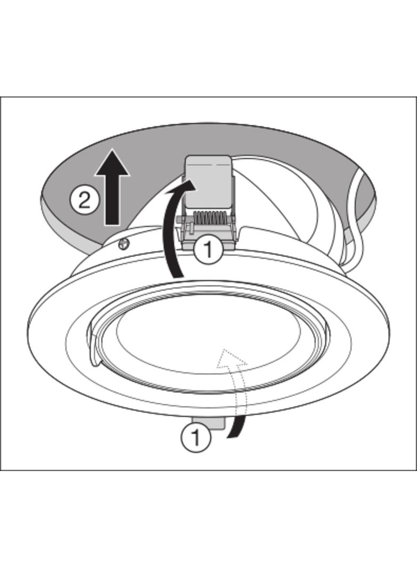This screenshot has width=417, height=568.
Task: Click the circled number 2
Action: point(84,200)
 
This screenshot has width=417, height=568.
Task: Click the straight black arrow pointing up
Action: point(112,187)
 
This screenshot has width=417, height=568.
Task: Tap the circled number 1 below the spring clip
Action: point(208,249)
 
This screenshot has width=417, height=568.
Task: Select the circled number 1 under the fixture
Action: point(195,438)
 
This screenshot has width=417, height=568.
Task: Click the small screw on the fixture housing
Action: point(123,245)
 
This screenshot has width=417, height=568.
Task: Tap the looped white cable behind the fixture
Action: point(356,217)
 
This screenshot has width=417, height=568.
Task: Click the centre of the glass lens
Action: point(209,340)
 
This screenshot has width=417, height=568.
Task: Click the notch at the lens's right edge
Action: point(327,330)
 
